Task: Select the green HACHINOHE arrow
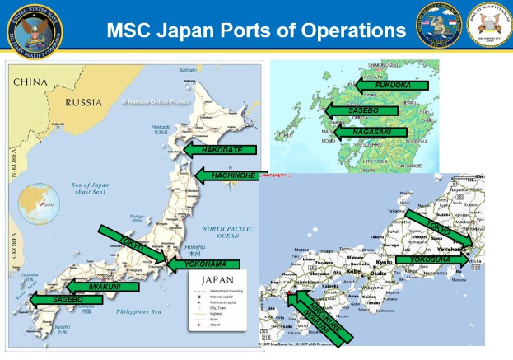pyautogui.click(x=227, y=175)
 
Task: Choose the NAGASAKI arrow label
pyautogui.click(x=371, y=132)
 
